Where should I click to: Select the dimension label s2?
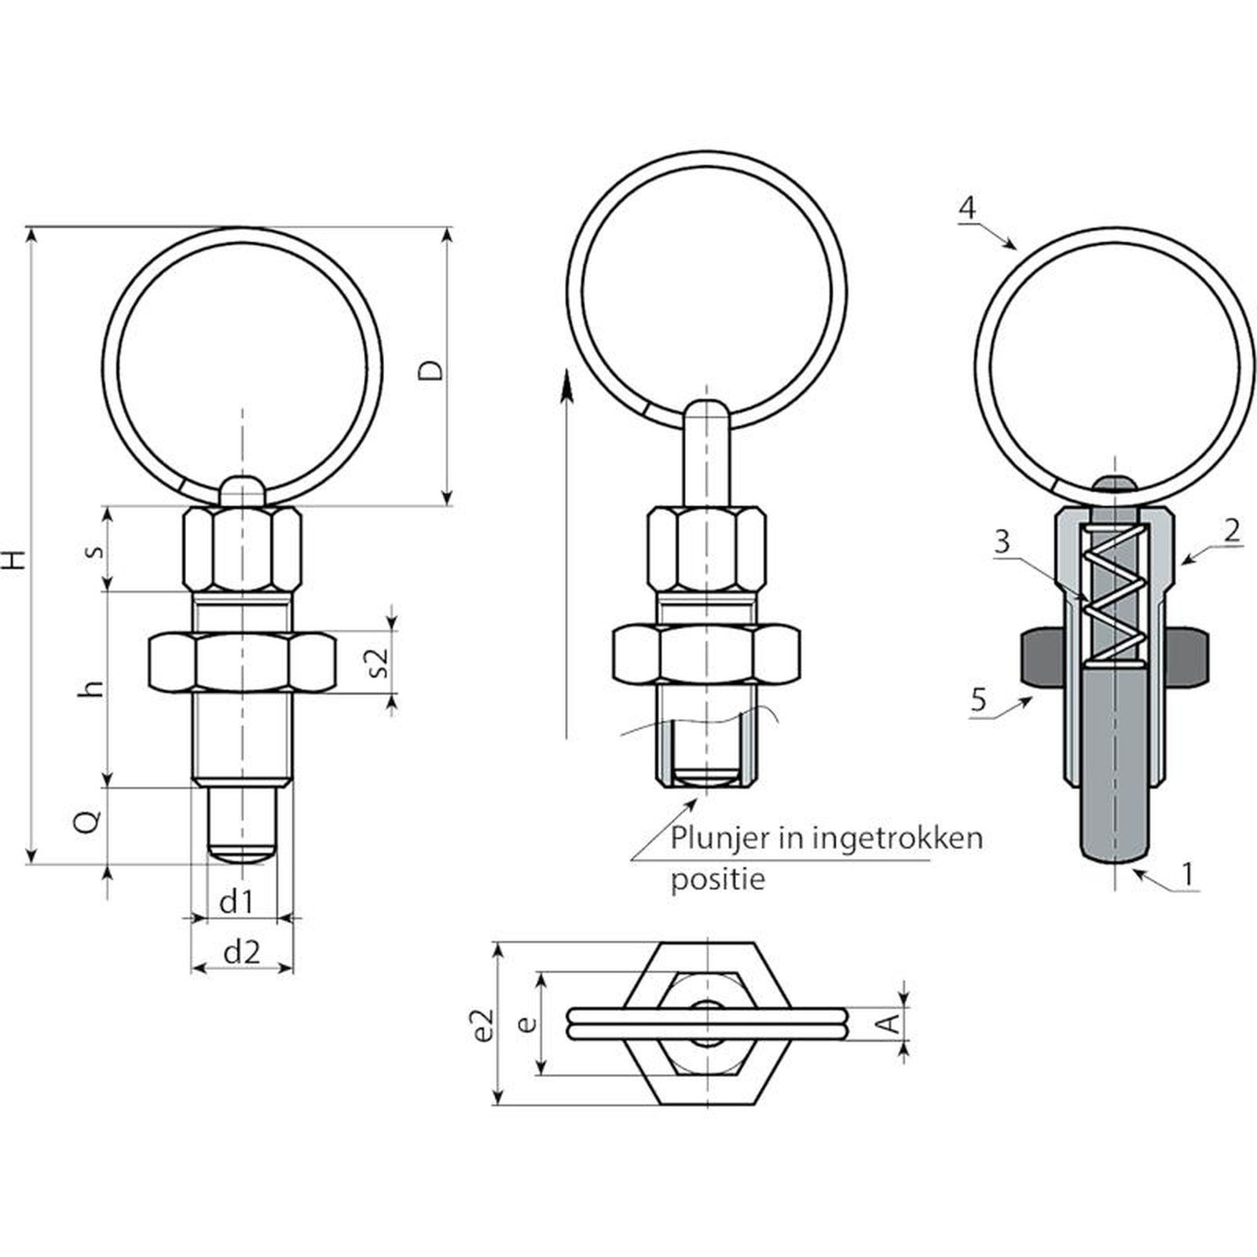coord(379,661)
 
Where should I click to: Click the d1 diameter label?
coord(236,903)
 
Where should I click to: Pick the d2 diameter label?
coord(241,952)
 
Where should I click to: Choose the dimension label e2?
coord(485,1024)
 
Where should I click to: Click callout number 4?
coord(967,207)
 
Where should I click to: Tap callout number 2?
coord(1232,530)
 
